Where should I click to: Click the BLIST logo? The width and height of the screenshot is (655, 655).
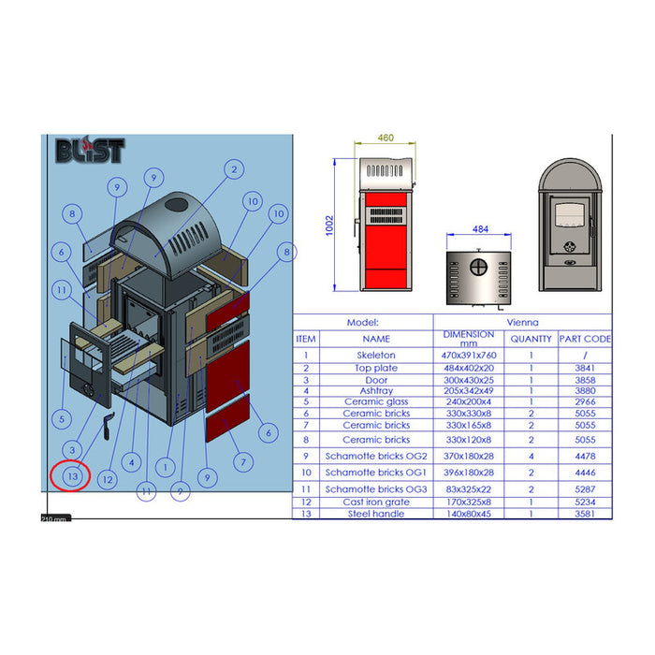90,150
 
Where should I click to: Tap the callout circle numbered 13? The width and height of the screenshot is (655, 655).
73,476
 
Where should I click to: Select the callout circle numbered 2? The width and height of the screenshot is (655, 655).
234,169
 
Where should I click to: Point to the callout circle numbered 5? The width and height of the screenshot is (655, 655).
62,419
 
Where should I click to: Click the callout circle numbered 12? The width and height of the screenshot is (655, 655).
108,479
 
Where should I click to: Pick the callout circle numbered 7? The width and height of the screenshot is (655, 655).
243,462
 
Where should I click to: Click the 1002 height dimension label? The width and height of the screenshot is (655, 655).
329,226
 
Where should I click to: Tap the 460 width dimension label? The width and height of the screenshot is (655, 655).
386,138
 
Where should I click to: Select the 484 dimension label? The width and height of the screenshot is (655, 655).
480,229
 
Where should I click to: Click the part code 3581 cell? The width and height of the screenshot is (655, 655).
585,514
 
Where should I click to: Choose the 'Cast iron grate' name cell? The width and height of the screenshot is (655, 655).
376,502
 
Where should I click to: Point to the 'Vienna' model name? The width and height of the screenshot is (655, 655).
522,322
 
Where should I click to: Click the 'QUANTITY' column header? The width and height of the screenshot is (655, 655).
531,339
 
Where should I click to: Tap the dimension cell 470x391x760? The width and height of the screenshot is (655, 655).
469,355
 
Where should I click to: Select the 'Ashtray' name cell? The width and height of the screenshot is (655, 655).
376,390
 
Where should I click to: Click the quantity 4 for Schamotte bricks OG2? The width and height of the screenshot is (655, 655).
531,457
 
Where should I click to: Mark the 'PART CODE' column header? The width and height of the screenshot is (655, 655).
585,339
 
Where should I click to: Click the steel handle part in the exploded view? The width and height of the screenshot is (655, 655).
109,426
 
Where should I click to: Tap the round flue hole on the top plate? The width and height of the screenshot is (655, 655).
176,205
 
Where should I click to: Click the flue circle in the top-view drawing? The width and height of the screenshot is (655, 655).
479,268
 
